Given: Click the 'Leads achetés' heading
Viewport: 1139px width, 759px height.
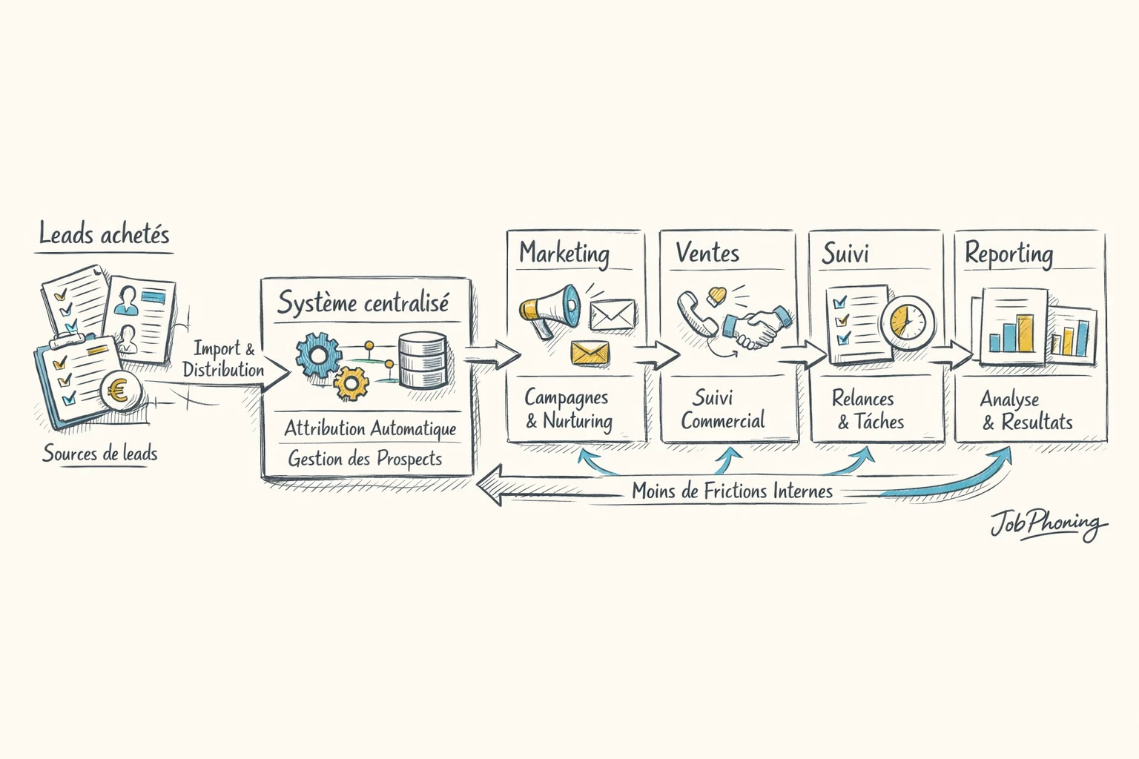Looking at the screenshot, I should coord(104,235).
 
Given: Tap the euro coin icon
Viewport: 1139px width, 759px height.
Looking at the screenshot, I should coord(116,391).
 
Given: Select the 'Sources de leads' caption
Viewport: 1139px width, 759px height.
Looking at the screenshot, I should coord(100,453).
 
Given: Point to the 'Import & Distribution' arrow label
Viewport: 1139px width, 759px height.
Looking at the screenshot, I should coord(223,359).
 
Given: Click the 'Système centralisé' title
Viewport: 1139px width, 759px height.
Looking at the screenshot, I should coord(363,303).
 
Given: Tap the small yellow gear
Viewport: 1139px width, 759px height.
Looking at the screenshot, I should coord(351,383).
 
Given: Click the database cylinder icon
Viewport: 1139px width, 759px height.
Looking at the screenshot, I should coord(423,360).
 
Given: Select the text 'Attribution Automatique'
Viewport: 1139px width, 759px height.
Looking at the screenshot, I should coord(370,428).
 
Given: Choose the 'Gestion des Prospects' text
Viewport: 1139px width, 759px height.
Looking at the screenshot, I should coord(365,459).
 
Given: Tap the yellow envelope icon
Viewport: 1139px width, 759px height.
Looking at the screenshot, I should coord(590,353).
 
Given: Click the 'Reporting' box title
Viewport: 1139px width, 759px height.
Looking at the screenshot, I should coord(1008,254).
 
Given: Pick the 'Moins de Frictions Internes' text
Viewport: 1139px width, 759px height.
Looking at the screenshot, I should coord(732,491).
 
